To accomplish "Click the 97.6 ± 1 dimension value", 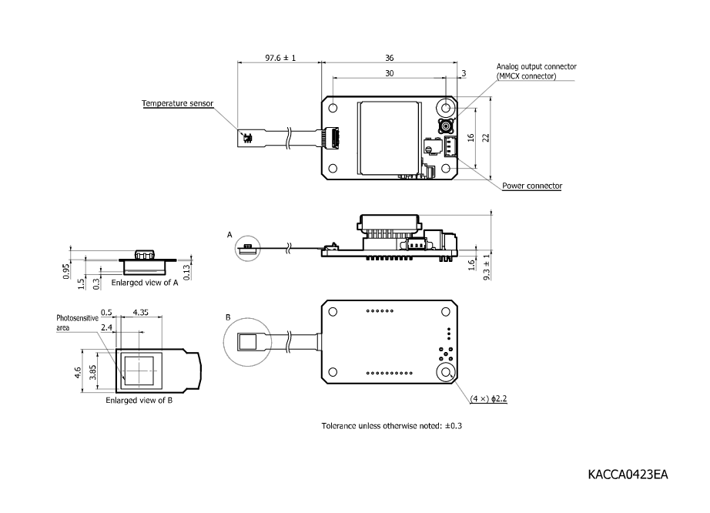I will [280, 58].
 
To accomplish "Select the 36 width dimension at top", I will [390, 58].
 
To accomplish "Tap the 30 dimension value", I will [389, 73].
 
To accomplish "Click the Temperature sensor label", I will [177, 103].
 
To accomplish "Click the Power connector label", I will [532, 186].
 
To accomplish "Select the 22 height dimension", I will [486, 137].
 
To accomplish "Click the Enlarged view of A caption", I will [145, 283].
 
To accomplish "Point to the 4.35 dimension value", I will [141, 313].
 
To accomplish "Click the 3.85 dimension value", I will [94, 372].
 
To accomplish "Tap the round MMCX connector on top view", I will [446, 127].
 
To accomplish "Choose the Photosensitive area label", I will [77, 322].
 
